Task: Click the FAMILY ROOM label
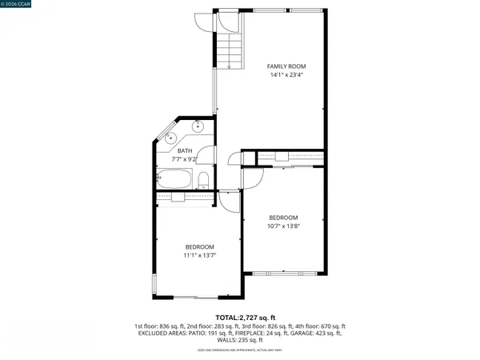click(286, 66)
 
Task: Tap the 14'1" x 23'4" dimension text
click(286, 75)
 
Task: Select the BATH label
click(185, 150)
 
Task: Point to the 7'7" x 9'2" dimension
click(185, 159)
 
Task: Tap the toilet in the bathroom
click(203, 178)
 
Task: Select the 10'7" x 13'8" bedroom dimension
click(283, 226)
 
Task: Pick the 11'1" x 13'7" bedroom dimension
click(201, 255)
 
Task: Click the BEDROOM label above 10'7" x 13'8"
click(283, 218)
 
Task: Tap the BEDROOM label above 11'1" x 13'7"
click(200, 246)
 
